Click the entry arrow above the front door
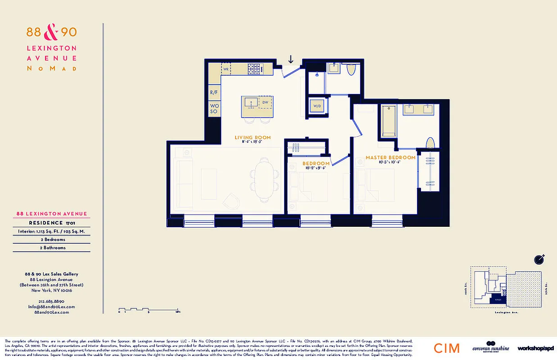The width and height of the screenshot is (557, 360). coord(291,59)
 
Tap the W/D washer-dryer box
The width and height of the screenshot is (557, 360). coord(317,107)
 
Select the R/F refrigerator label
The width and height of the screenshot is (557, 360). coord(214,93)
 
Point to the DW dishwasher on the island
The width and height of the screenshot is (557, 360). coord(266,103)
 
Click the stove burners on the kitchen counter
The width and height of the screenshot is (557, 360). coord(255,69)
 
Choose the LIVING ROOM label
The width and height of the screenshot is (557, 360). coord(252,137)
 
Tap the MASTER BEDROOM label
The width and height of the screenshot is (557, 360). coord(390,157)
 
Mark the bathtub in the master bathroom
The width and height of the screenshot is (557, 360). coord(388,120)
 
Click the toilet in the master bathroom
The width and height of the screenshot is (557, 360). coord(430,143)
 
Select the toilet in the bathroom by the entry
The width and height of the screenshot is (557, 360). coord(352,69)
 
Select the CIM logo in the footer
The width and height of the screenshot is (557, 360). coord(447,348)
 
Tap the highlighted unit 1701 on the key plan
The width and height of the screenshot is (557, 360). coord(498,300)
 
